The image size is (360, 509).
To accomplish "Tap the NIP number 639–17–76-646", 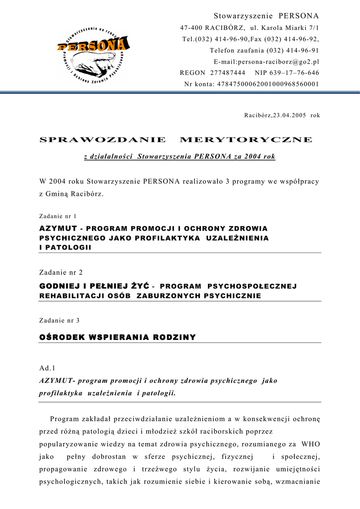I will pos(294,73).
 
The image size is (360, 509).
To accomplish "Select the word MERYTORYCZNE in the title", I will pos(246,140).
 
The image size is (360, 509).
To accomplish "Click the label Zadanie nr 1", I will pos(58,216).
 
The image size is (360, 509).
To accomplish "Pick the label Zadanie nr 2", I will pos(61,272).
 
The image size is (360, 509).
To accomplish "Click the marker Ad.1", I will pos(47,368).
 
